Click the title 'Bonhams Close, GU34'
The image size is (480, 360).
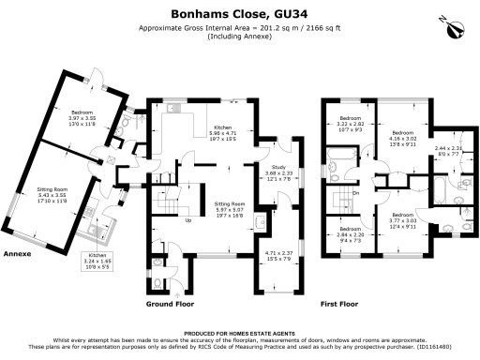pyautogui.click(x=240, y=15)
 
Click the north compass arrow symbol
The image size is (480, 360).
pyautogui.click(x=456, y=27)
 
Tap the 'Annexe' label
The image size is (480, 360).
pyautogui.click(x=18, y=254)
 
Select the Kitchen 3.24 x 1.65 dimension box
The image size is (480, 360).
pyautogui.click(x=97, y=260)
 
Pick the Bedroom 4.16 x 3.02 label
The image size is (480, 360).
pyautogui.click(x=403, y=139)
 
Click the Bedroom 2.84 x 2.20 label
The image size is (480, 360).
pyautogui.click(x=351, y=234)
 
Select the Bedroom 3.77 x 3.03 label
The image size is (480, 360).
pyautogui.click(x=403, y=222)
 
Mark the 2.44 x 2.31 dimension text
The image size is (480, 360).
pyautogui.click(x=448, y=151)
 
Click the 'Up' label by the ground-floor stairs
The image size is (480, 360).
pyautogui.click(x=188, y=221)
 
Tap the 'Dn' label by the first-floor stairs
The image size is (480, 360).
pyautogui.click(x=355, y=193)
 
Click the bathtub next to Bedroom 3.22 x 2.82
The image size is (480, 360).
pyautogui.click(x=350, y=169)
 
